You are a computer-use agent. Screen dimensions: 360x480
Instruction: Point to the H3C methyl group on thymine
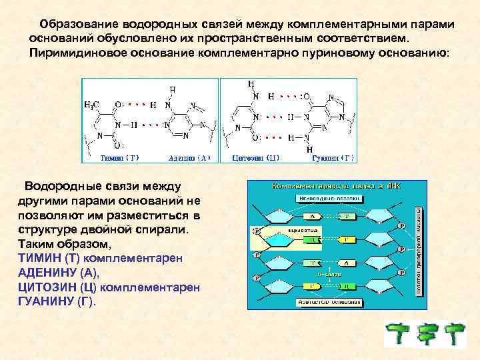(93, 105)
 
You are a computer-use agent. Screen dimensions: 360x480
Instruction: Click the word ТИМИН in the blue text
(39, 257)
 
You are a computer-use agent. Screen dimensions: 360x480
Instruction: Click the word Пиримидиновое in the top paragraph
(73, 52)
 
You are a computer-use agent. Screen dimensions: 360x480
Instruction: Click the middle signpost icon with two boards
(427, 335)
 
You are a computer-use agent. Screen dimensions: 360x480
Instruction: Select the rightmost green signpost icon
(457, 335)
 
